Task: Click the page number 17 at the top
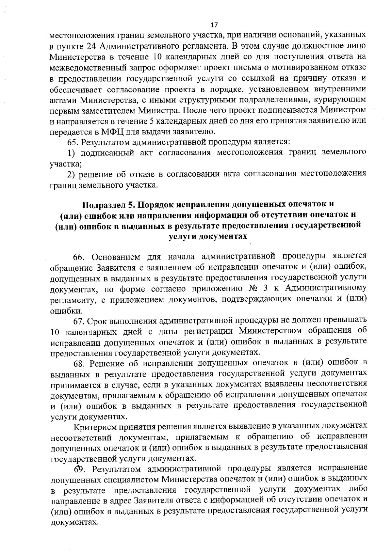[214, 25]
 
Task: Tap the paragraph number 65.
[73, 142]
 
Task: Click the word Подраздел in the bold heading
[104, 205]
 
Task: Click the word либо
[358, 490]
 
